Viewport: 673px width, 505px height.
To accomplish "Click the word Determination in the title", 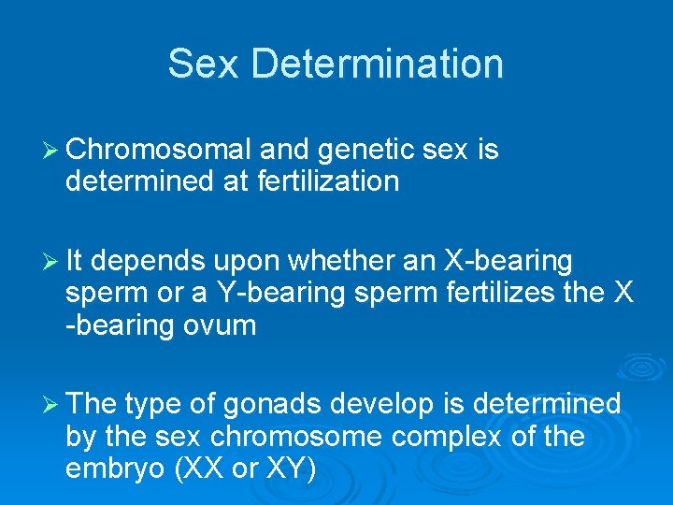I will click(377, 65).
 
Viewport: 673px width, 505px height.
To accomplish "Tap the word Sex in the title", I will click(205, 65).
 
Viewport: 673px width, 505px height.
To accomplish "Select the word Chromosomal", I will click(159, 150).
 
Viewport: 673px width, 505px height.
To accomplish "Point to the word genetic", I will click(363, 150).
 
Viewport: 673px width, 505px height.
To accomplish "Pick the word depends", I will click(160, 261).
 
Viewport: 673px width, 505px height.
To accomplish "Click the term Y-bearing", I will click(267, 292).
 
